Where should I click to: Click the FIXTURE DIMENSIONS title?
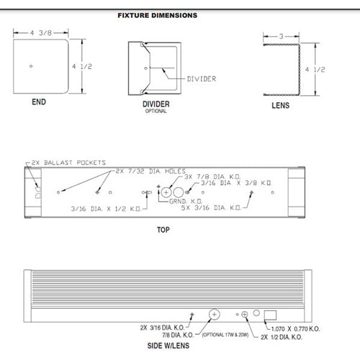158,14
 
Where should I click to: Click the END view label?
39,102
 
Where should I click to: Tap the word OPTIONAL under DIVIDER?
156,112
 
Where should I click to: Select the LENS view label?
281,104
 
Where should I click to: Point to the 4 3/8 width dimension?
40,32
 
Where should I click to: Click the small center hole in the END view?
31,67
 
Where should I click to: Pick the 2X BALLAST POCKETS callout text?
68,163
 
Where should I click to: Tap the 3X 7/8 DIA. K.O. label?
213,177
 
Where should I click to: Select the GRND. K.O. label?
186,201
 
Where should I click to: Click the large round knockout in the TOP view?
166,193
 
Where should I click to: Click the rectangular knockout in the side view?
271,314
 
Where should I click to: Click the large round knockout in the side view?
214,314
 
